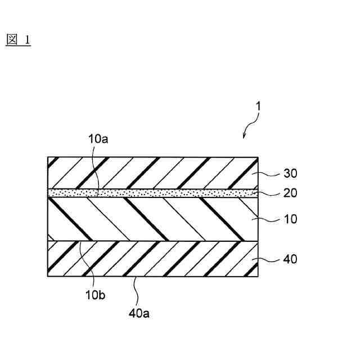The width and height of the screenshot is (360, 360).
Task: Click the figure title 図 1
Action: tap(18, 40)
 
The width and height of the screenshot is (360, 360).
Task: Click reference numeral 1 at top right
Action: tap(258, 105)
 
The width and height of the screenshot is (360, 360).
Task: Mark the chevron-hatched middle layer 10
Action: tap(152, 219)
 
